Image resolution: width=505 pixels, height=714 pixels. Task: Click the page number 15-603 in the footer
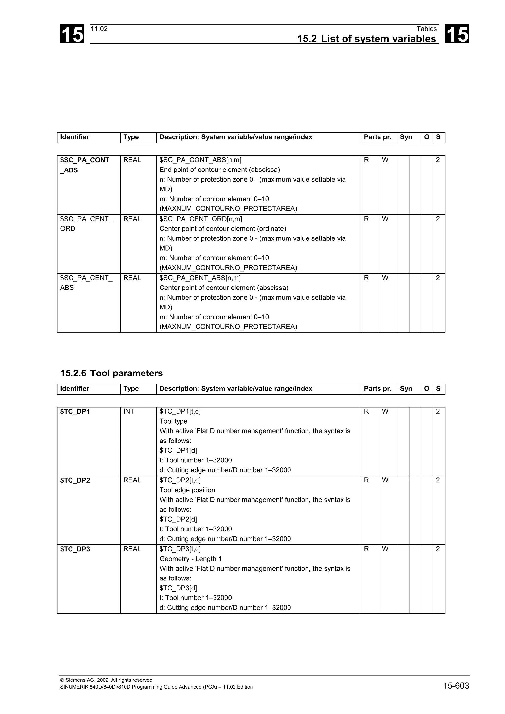[x=456, y=686]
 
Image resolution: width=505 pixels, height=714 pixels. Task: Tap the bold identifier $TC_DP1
[x=75, y=412]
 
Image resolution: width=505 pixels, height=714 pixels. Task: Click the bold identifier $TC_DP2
[x=75, y=480]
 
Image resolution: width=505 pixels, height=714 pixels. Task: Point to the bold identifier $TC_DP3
[x=75, y=549]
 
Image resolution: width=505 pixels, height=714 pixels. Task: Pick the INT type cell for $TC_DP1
[x=129, y=411]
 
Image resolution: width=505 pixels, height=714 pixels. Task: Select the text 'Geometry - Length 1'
[x=190, y=559]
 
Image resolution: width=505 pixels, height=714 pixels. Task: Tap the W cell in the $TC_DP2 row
[x=385, y=480]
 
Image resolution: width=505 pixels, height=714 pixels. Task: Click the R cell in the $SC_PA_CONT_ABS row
[x=366, y=160]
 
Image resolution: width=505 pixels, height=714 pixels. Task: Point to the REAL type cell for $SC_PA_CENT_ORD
[x=132, y=219]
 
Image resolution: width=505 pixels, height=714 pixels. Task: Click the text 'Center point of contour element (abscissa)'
[x=224, y=288]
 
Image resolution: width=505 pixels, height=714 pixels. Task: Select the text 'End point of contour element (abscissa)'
[x=220, y=170]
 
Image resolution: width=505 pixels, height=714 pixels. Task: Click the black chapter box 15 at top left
[x=72, y=34]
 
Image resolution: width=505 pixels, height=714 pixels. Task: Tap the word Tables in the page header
[x=427, y=29]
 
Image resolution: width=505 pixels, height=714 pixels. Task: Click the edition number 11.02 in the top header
[x=99, y=29]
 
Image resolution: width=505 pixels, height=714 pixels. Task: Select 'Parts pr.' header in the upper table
[x=378, y=137]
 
